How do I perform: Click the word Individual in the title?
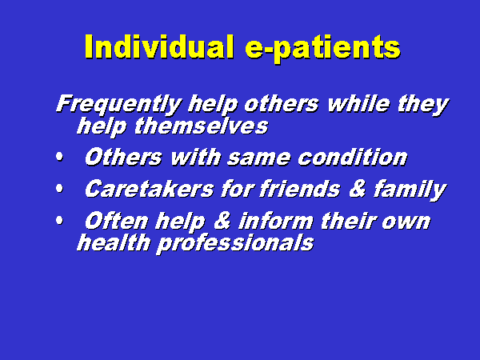pyautogui.click(x=159, y=46)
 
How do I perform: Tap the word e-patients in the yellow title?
pyautogui.click(x=322, y=49)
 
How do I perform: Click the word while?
pyautogui.click(x=358, y=103)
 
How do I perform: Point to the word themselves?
pyautogui.click(x=201, y=126)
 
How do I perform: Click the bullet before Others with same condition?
pyautogui.click(x=59, y=158)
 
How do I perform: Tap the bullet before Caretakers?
pyautogui.click(x=59, y=189)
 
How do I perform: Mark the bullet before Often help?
pyautogui.click(x=59, y=221)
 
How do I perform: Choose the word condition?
pyautogui.click(x=352, y=158)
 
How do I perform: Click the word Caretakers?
pyautogui.click(x=149, y=189)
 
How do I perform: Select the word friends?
pyautogui.click(x=299, y=189)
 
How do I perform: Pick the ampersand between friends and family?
pyautogui.click(x=357, y=189)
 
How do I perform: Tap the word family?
pyautogui.click(x=410, y=190)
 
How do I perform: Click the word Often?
pyautogui.click(x=117, y=221)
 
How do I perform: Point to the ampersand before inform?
pyautogui.click(x=222, y=221)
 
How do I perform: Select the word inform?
pyautogui.click(x=276, y=221)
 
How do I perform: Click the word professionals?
pyautogui.click(x=235, y=244)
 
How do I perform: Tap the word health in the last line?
pyautogui.click(x=114, y=242)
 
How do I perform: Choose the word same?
pyautogui.click(x=258, y=158)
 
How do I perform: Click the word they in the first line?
pyautogui.click(x=422, y=106)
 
